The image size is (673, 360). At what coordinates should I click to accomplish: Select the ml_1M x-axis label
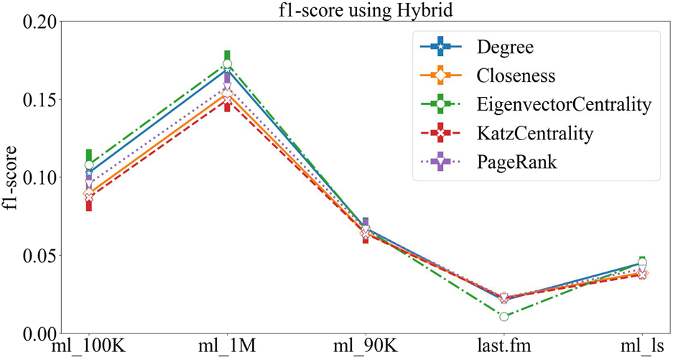227,349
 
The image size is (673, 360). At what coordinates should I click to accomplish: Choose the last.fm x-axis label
504,349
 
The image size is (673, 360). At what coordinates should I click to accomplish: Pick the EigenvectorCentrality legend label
562,105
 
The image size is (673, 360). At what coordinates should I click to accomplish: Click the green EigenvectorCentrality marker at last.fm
504,316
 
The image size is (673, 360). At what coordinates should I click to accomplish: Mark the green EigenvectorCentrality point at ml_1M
227,65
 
